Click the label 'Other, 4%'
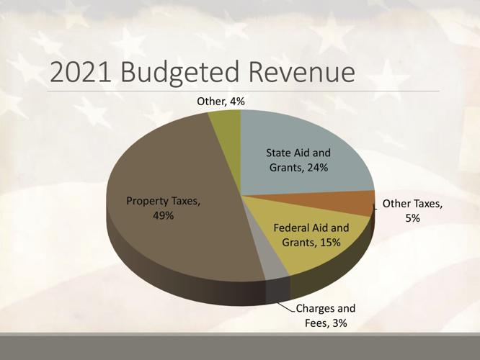[x=221, y=102]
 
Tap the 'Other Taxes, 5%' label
[x=413, y=212]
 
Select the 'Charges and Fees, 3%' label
[x=330, y=315]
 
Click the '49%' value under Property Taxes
[x=163, y=216]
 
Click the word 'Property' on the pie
[x=149, y=202]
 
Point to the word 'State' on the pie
[x=280, y=153]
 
